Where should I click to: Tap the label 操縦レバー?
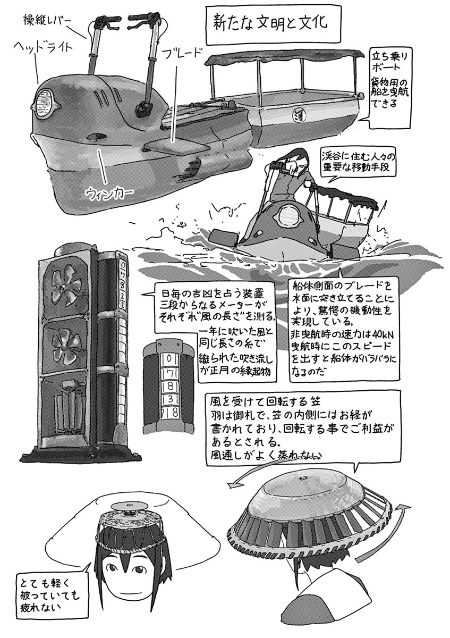click(49, 21)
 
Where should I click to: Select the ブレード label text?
click(181, 53)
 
